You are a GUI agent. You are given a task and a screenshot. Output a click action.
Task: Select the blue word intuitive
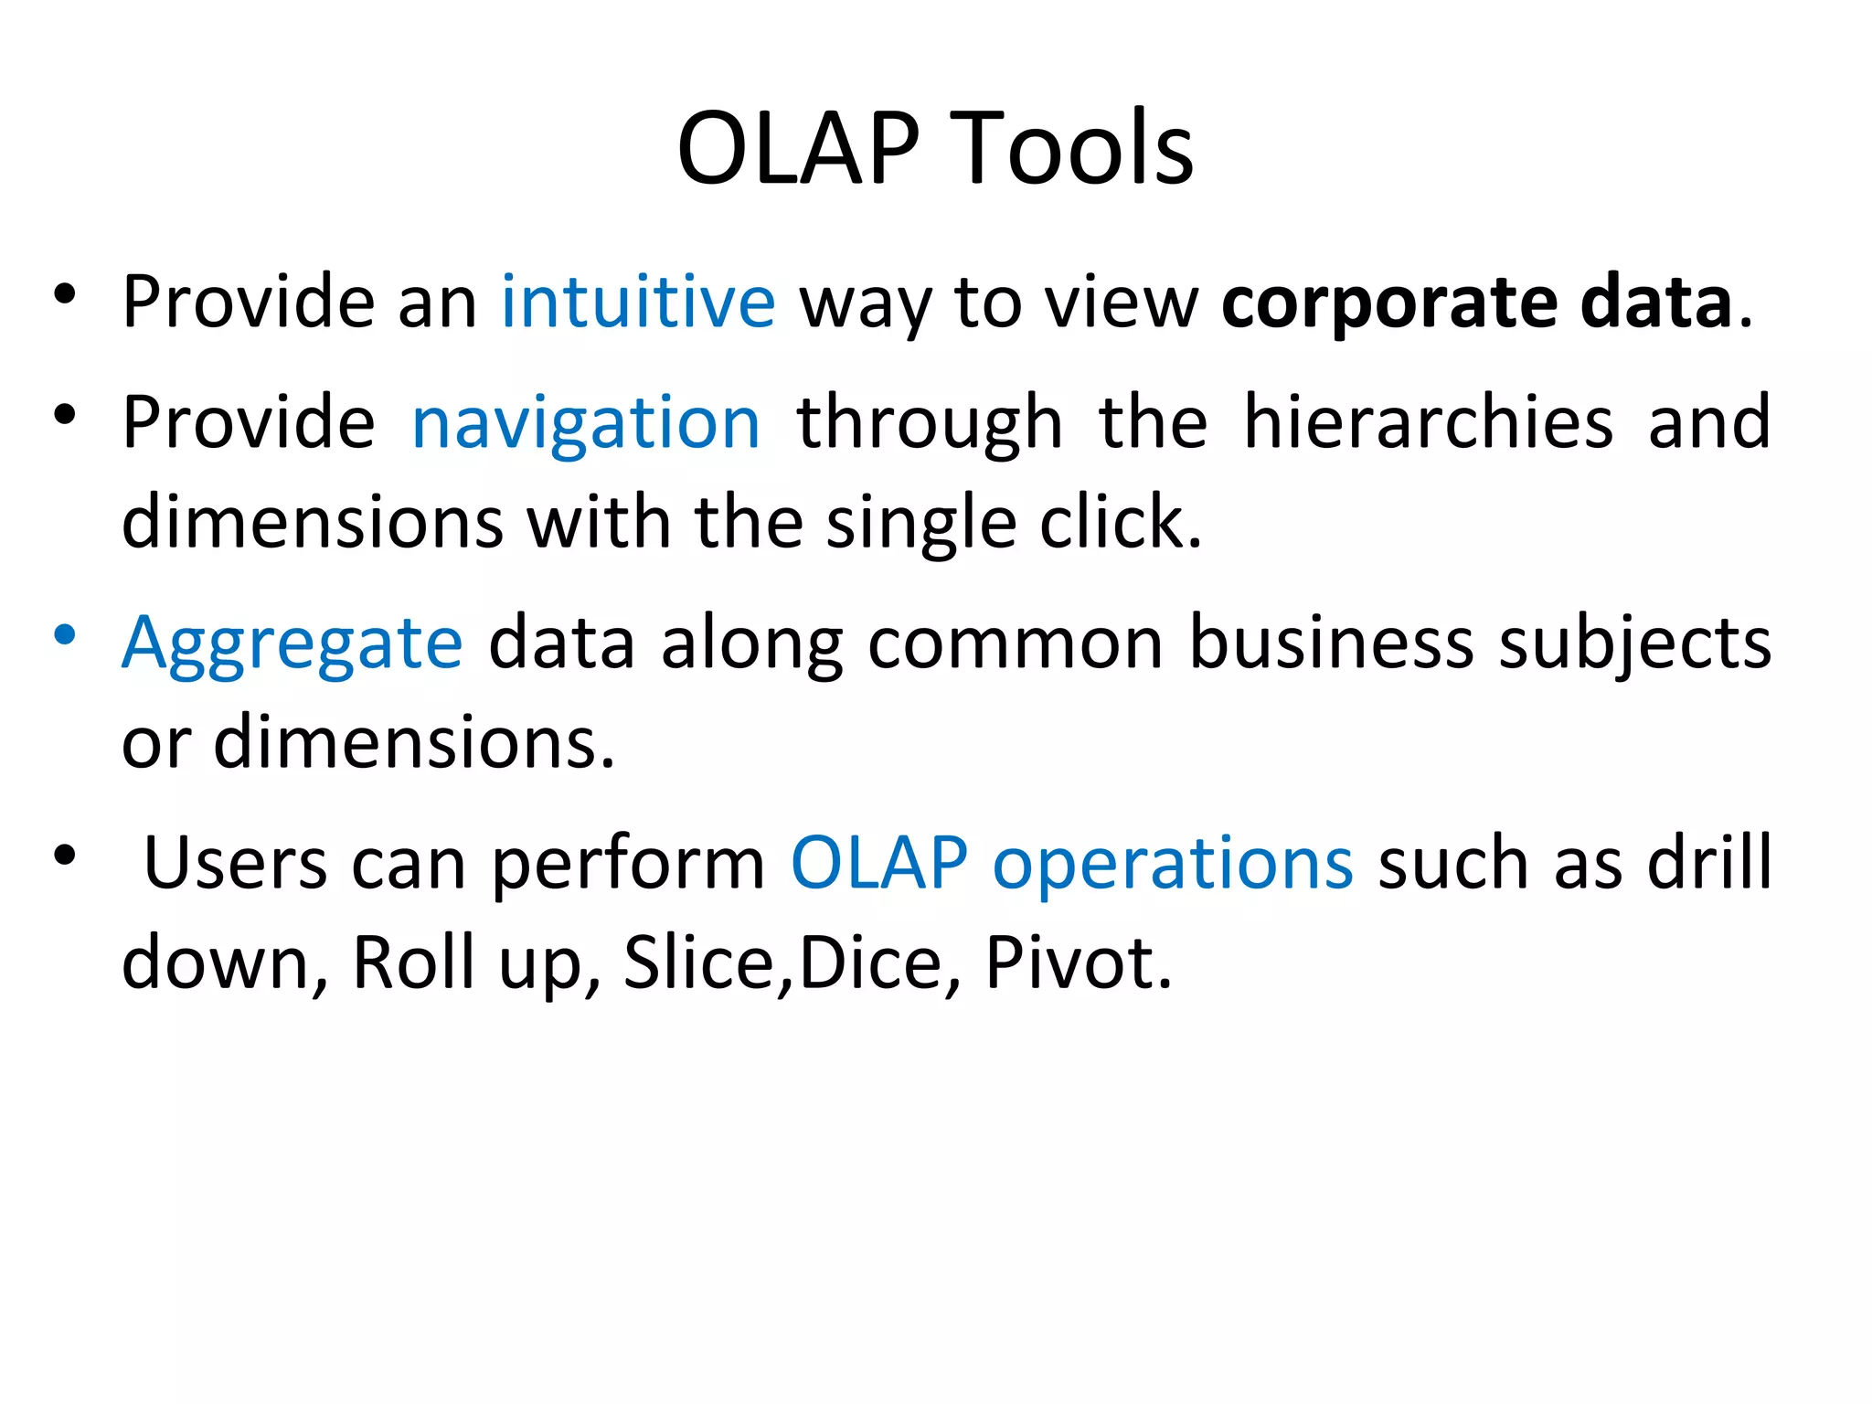(x=638, y=302)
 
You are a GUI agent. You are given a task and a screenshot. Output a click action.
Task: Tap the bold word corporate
(x=1388, y=303)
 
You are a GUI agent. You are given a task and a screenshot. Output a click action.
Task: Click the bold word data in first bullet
(x=1655, y=302)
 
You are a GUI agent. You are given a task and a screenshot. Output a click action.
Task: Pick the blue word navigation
(x=586, y=422)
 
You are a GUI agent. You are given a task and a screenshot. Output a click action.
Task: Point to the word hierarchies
(x=1428, y=422)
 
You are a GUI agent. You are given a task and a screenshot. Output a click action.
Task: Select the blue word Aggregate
(x=292, y=644)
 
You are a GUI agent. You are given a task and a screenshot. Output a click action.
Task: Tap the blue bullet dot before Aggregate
(x=64, y=635)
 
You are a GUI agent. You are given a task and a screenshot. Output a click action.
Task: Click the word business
(x=1331, y=643)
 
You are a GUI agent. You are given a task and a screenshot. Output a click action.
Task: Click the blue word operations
(x=1172, y=864)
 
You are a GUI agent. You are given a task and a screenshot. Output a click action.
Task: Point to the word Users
(x=236, y=863)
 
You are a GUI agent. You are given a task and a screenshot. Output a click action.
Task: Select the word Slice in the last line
(x=698, y=963)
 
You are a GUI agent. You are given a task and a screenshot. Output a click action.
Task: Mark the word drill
(x=1708, y=863)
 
